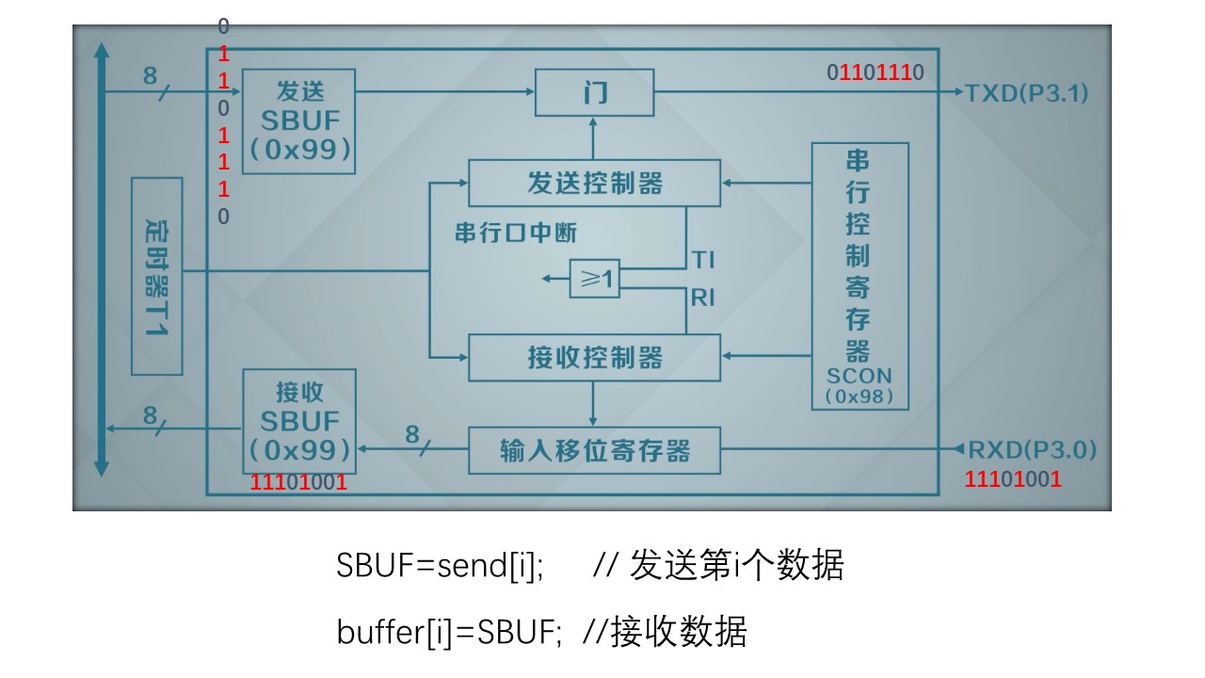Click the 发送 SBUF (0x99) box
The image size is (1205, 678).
[x=298, y=121]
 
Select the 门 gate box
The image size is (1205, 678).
[x=594, y=92]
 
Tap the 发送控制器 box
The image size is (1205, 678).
[x=594, y=183]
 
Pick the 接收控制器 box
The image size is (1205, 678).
[x=594, y=357]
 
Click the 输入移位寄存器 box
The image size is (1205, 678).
[x=594, y=450]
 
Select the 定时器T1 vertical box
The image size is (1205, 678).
[x=156, y=275]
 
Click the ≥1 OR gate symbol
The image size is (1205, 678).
[x=595, y=280]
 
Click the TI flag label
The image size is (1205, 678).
[x=703, y=259]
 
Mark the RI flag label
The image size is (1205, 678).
[x=703, y=299]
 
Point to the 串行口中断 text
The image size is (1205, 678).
[x=516, y=233]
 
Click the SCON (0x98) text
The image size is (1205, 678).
[x=860, y=385]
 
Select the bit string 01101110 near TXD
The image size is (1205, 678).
[x=876, y=73]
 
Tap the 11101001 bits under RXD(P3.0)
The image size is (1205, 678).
[x=1013, y=479]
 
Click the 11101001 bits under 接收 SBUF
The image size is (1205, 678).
[x=298, y=483]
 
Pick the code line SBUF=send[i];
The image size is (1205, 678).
[x=440, y=566]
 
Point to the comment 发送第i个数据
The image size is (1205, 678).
[x=736, y=566]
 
